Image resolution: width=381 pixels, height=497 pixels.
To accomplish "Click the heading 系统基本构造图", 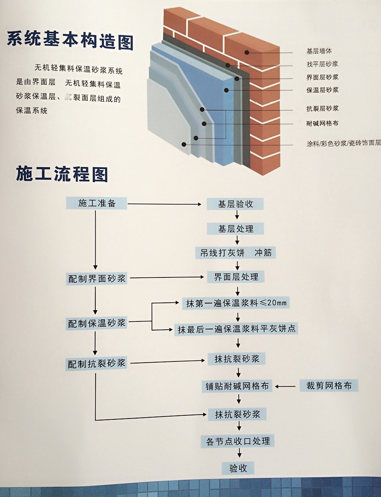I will (70, 40).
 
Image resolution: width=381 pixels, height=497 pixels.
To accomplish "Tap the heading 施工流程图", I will (62, 173).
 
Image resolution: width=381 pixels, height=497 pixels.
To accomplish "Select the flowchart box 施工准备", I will (97, 203).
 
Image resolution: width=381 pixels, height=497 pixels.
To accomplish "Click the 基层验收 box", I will (235, 204).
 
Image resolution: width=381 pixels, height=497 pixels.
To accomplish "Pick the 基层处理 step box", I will (235, 229).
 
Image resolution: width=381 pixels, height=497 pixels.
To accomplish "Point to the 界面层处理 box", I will (236, 277).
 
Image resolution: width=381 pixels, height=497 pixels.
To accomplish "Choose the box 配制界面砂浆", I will (97, 279).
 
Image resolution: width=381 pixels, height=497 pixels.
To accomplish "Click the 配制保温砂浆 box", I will (97, 323).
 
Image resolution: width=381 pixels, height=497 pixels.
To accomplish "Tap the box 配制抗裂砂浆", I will (97, 363).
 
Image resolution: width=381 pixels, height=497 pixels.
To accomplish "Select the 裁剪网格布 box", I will (329, 386).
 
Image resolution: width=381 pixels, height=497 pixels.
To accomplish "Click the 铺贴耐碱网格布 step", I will (237, 386).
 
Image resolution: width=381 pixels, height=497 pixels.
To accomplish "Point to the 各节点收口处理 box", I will (238, 441).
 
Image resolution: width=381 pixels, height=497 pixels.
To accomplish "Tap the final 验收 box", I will (238, 468).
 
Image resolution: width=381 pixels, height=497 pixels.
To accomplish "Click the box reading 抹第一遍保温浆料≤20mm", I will (236, 303).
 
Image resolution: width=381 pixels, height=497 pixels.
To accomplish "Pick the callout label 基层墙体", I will (319, 51).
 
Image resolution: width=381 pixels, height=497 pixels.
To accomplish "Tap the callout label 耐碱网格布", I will (322, 124).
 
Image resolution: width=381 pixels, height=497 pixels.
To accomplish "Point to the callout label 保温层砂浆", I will (322, 90).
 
